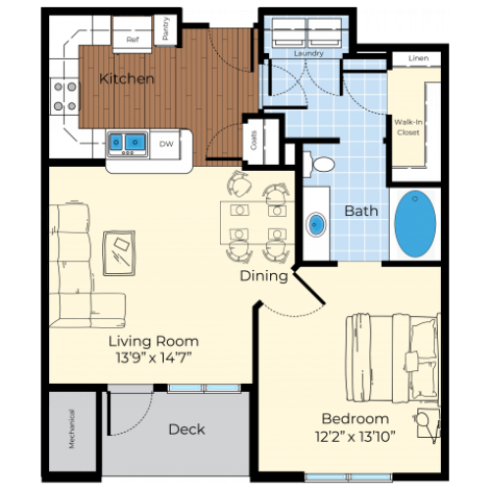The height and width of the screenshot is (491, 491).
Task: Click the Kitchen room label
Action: click(x=127, y=79)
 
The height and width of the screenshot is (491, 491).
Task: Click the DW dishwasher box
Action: click(x=167, y=144)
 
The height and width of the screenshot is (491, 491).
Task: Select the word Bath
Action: click(x=361, y=210)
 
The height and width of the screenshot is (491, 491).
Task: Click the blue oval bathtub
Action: click(x=415, y=224)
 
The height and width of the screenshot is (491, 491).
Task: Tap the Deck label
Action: click(x=186, y=429)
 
